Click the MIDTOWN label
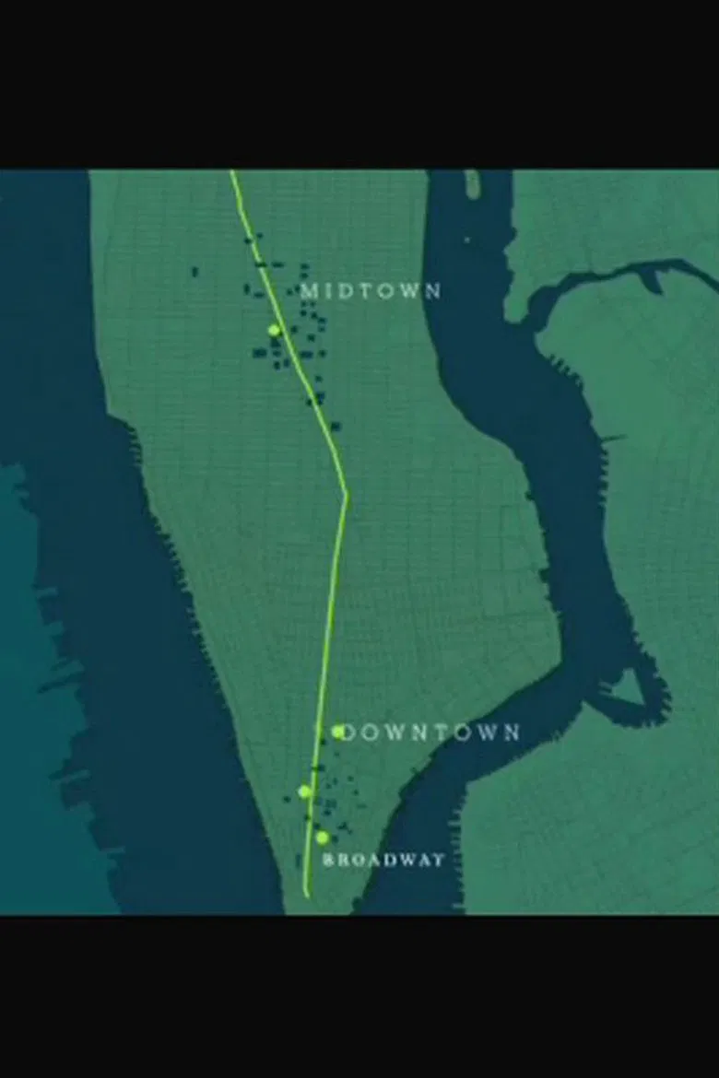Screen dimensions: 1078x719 pos(371,291)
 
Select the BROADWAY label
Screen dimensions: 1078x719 pos(384,860)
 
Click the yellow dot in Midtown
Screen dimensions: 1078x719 pos(274,330)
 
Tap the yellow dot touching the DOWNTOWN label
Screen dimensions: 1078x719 pos(339,731)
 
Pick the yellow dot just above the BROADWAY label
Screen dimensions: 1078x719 pos(322,838)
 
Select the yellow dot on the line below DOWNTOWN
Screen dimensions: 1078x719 pos(304,791)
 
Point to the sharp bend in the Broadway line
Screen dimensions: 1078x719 pos(346,494)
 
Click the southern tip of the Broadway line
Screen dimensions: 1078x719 pos(306,894)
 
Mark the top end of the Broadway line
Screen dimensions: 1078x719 pos(231,172)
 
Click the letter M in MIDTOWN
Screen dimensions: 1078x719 pos(310,291)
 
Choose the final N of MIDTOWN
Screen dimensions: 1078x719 pos(434,291)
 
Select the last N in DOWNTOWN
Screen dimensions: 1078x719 pos(511,732)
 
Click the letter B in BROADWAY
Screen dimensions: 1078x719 pos(328,860)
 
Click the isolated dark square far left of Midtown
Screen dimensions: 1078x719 pos(194,271)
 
